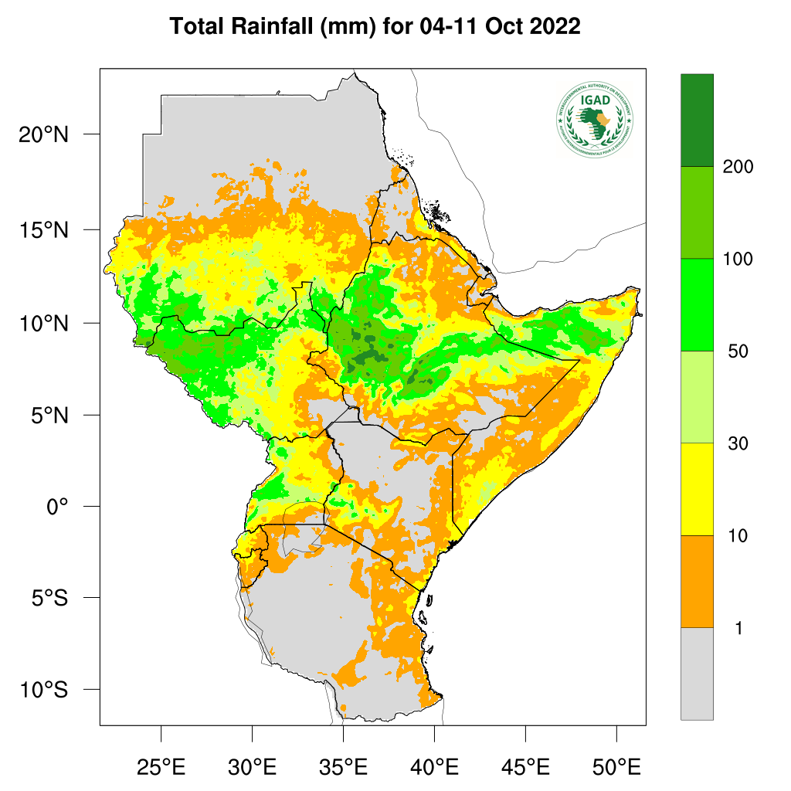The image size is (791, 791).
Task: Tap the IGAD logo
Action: pos(594,118)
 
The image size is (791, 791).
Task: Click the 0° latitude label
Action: pos(57,507)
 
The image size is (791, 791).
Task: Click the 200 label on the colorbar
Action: pos(738,167)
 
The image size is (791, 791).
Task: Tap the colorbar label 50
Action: pos(738,351)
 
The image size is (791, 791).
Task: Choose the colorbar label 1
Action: pos(738,628)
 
